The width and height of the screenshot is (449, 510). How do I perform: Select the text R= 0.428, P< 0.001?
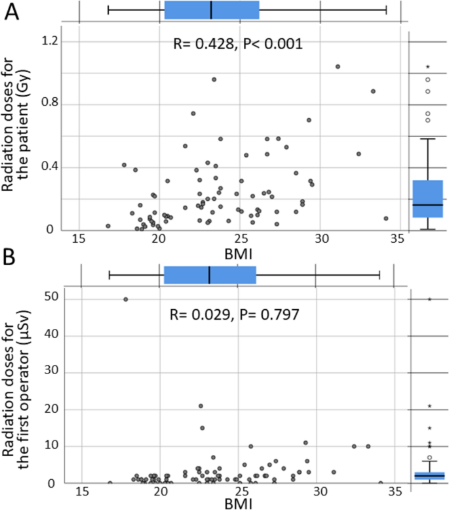(237, 45)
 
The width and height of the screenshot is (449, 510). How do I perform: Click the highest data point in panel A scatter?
(338, 66)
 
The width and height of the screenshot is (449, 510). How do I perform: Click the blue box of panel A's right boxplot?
(427, 199)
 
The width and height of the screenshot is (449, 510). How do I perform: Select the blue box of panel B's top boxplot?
(210, 275)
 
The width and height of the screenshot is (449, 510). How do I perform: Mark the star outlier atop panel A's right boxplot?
(427, 67)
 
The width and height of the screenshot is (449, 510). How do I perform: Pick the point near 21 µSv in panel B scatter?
(201, 406)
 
